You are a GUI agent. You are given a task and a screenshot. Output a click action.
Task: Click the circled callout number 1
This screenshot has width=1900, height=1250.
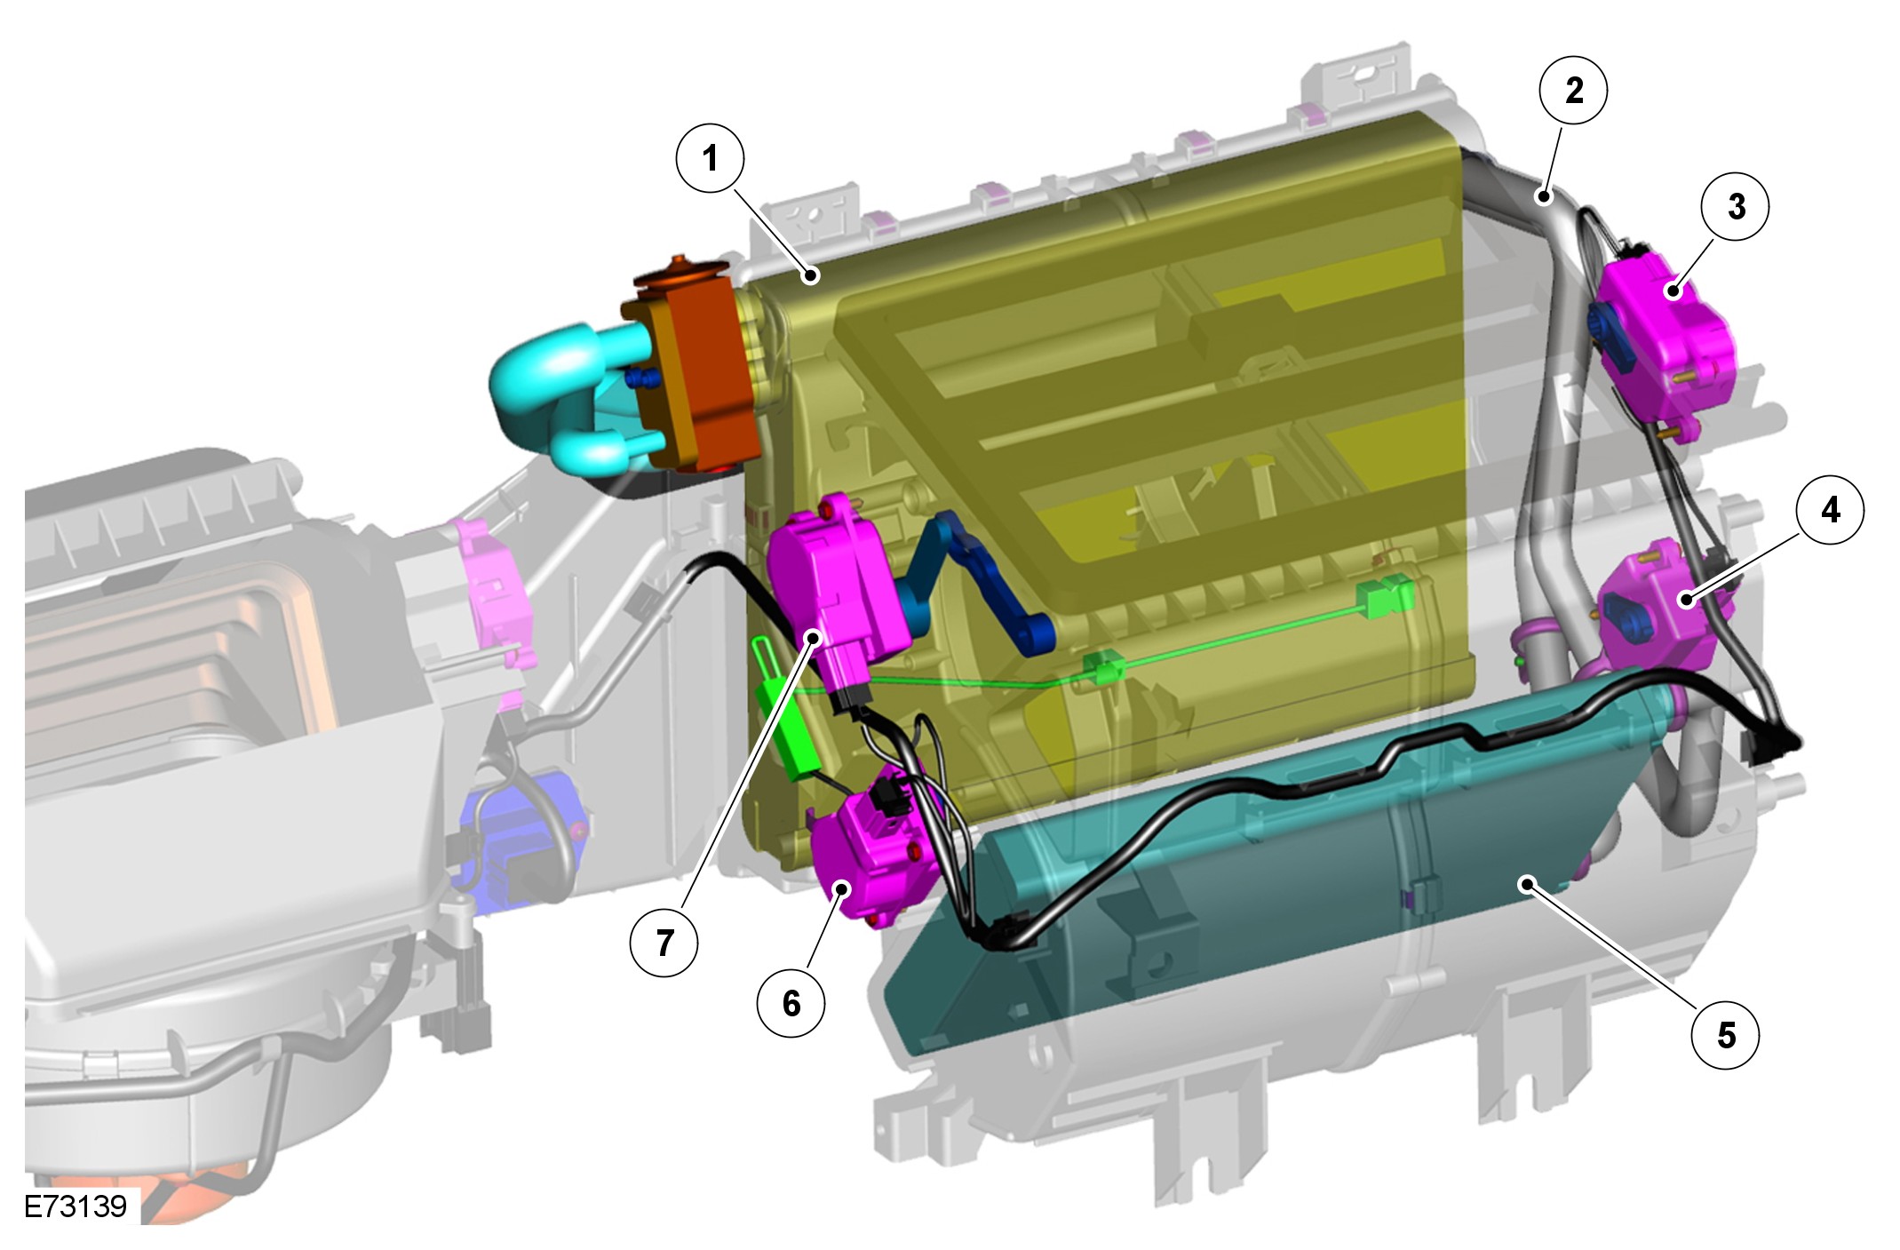coord(710,158)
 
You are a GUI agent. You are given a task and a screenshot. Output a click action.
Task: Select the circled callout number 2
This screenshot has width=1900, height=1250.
coord(1574,90)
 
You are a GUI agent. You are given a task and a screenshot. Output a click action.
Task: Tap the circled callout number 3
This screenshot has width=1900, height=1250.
coord(1736,207)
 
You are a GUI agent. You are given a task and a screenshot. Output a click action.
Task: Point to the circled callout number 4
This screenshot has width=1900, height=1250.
coord(1830,510)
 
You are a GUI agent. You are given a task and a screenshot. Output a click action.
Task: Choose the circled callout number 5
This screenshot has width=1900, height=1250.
coord(1726,1035)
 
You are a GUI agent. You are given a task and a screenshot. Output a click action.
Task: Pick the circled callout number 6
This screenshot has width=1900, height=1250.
coord(791,1004)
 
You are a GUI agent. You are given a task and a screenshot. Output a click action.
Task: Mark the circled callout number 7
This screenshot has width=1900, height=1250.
coord(664,943)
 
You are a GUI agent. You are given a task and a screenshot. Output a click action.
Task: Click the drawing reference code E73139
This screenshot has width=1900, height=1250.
coord(76,1206)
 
